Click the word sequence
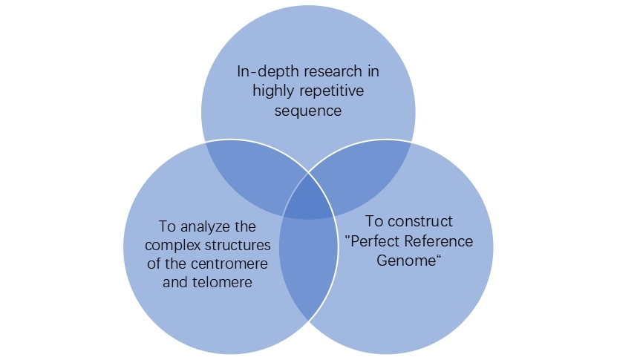pos(307,111)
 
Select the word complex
pos(172,244)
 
